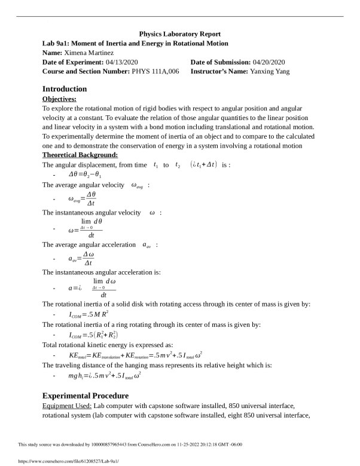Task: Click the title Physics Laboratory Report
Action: point(179,34)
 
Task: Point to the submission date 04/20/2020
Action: point(269,62)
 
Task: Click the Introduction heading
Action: point(65,88)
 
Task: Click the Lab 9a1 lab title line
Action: point(135,44)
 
